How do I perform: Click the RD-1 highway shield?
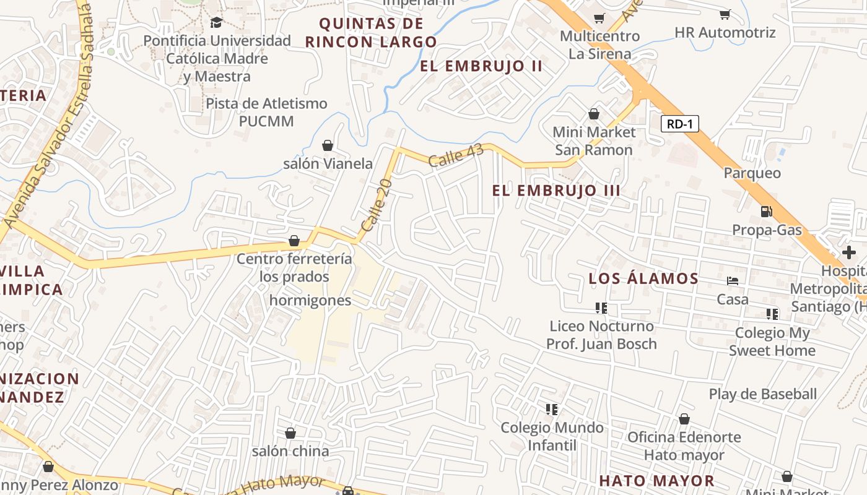click(x=679, y=124)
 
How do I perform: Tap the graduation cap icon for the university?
click(x=216, y=23)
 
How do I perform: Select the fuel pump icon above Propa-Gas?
click(x=767, y=212)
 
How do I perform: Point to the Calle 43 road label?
click(x=455, y=157)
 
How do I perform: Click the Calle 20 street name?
click(x=377, y=205)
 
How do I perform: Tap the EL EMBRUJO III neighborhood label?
click(x=556, y=191)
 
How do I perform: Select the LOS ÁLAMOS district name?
click(x=643, y=278)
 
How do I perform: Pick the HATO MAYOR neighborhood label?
click(x=656, y=481)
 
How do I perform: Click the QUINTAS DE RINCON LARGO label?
click(x=371, y=33)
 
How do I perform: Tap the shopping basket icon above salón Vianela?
click(x=328, y=145)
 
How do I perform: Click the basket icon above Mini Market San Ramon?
click(x=594, y=114)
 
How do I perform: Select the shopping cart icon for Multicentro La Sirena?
click(x=599, y=18)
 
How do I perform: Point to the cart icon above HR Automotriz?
click(x=725, y=14)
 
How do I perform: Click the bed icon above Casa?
click(x=733, y=281)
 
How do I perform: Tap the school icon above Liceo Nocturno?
click(x=601, y=308)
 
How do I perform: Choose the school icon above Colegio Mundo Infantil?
click(x=552, y=409)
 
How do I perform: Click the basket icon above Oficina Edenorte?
click(x=684, y=419)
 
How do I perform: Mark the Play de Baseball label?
click(x=763, y=394)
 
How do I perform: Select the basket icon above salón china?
click(x=290, y=433)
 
